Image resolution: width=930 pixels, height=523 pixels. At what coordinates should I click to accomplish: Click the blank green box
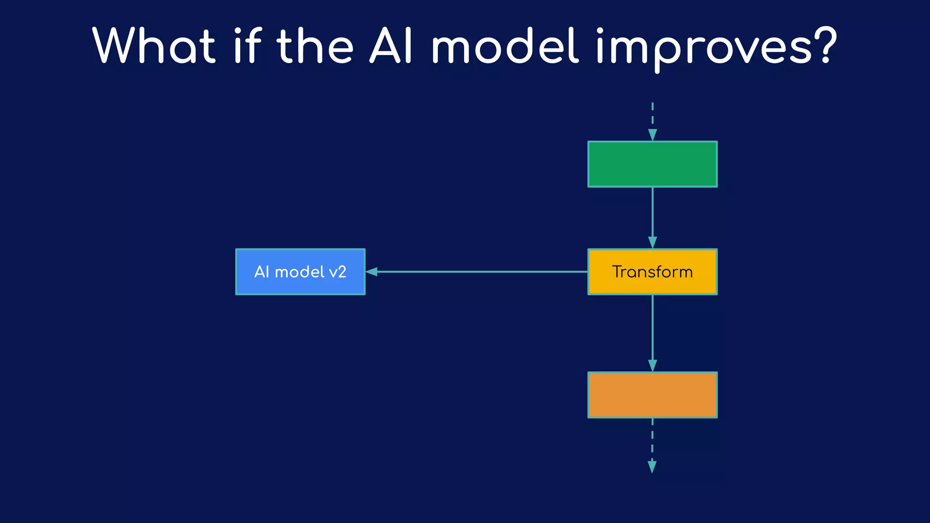point(652,164)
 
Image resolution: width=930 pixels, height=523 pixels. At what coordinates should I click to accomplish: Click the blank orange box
point(652,395)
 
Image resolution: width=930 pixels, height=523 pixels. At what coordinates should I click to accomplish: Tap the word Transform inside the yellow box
point(652,272)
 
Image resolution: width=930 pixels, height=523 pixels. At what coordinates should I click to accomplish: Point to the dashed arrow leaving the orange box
point(652,440)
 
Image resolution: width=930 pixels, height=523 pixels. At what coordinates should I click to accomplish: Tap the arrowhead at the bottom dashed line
point(652,467)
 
